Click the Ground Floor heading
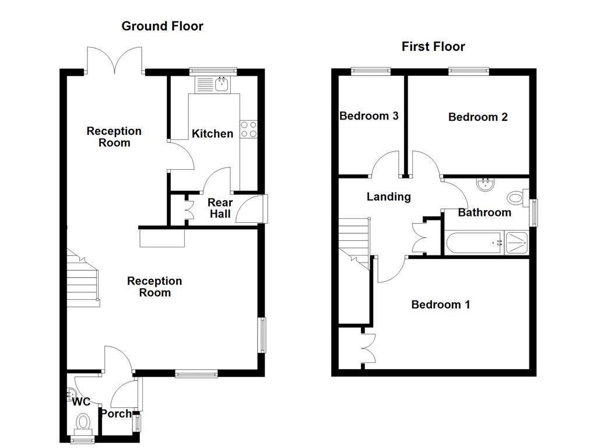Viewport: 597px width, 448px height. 162,26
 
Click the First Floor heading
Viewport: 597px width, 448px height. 433,47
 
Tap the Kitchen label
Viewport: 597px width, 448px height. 212,134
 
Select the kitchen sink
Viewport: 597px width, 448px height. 212,85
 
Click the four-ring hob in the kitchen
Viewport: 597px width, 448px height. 248,129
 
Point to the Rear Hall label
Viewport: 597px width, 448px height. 220,208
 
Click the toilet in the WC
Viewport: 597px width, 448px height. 83,423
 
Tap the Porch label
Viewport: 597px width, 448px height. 116,414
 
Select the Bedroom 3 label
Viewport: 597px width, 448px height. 369,116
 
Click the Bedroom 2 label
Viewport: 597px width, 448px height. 478,117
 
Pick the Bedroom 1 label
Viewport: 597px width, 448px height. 441,304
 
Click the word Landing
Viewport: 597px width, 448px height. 389,197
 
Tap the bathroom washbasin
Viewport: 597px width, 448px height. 485,184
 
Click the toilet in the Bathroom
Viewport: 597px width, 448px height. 518,198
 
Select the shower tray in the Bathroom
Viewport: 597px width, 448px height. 517,243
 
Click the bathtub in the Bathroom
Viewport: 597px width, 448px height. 475,243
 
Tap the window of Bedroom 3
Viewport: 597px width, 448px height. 371,71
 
